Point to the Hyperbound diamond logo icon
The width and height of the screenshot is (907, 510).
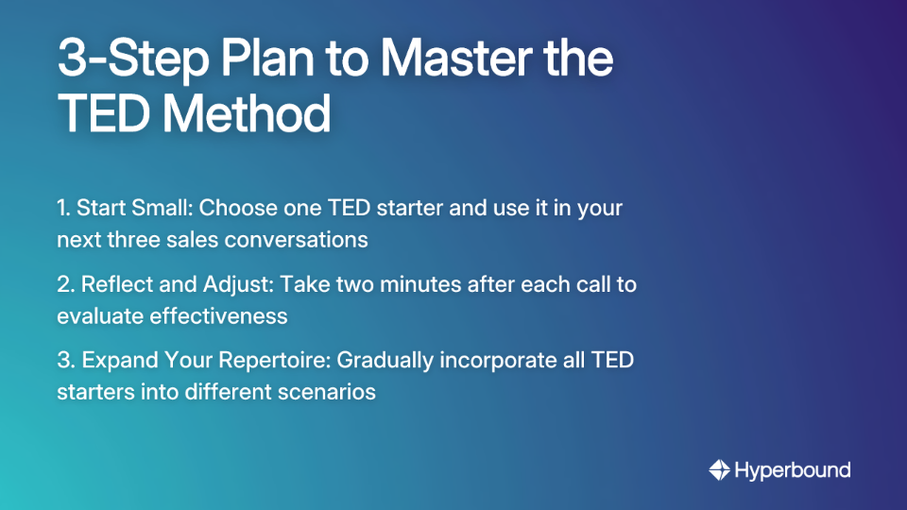pos(719,470)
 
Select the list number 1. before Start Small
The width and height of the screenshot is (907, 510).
pos(63,208)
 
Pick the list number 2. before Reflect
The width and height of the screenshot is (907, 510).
pos(65,284)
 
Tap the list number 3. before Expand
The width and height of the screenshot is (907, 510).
pos(65,360)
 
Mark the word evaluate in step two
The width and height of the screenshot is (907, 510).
pos(100,315)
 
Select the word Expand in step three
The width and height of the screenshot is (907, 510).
pos(116,360)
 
